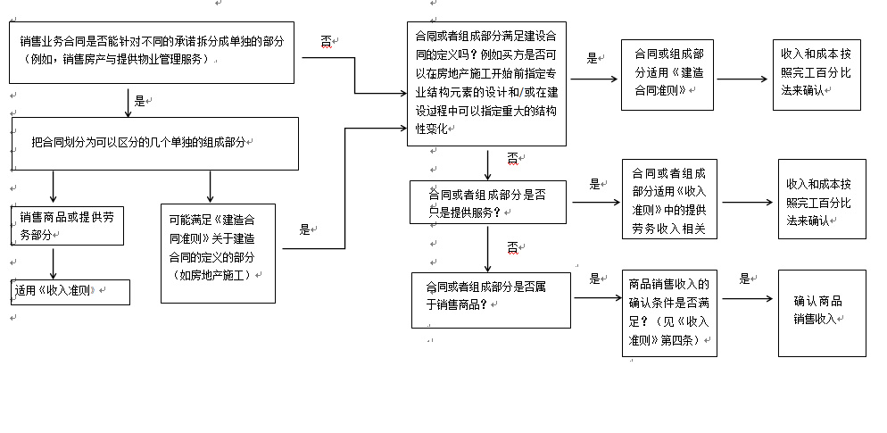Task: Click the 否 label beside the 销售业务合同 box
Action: tap(327, 41)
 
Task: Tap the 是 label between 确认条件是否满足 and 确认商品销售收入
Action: tap(744, 279)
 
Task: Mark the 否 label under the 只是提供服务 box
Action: tap(512, 247)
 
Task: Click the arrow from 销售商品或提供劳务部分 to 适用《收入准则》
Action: tap(54, 263)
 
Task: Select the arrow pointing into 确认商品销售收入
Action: tap(747, 298)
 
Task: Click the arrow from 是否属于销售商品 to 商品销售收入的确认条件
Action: tap(598, 297)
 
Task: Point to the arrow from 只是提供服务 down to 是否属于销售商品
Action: tap(487, 248)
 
